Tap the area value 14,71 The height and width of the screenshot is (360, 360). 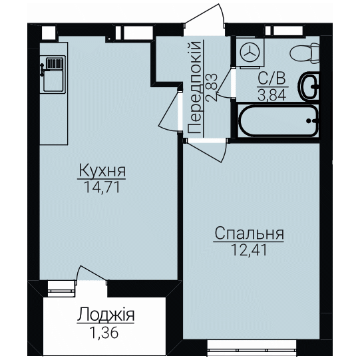[x=102, y=187]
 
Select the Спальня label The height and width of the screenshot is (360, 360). [x=249, y=233]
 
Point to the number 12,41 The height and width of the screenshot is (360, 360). [x=249, y=250]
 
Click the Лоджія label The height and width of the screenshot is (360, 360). [x=106, y=315]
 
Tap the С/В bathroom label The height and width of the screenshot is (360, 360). [x=272, y=78]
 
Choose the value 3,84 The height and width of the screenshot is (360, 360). [x=272, y=95]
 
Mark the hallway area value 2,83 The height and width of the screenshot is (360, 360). [x=211, y=87]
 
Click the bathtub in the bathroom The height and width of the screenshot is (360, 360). [x=278, y=121]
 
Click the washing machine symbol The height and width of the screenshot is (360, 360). [x=250, y=53]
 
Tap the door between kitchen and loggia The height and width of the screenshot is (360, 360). [x=92, y=274]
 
